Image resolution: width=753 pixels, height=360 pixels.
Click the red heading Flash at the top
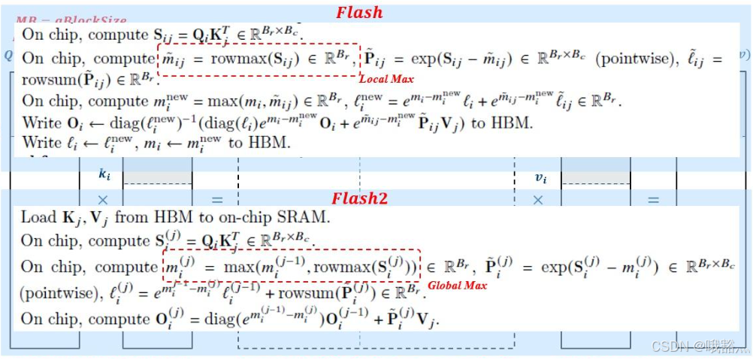[359, 12]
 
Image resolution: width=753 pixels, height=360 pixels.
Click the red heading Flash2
[360, 198]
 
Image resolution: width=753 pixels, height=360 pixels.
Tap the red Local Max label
[386, 79]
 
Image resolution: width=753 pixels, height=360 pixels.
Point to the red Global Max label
[457, 286]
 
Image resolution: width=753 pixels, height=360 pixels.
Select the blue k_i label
[104, 174]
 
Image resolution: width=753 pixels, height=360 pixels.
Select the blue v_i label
[540, 177]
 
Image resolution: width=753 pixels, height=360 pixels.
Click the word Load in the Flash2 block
[38, 218]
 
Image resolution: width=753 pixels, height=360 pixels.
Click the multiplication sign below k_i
[104, 200]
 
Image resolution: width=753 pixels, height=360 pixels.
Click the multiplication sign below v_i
[538, 200]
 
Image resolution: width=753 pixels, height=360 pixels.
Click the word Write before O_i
[41, 122]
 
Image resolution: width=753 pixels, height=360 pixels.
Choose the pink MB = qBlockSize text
[72, 20]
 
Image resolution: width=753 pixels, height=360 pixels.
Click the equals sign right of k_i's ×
[217, 200]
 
